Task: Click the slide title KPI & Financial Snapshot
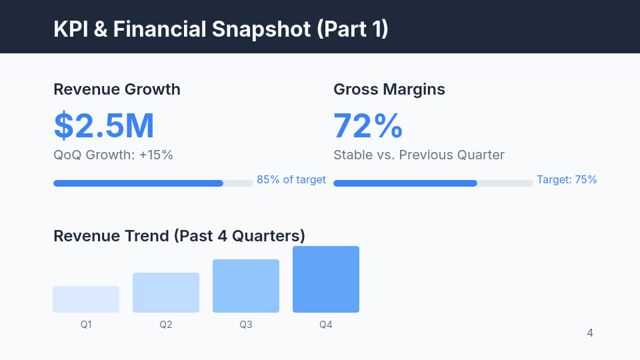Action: [x=221, y=29]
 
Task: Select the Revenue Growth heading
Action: [x=117, y=89]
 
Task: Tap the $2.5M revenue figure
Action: [x=104, y=125]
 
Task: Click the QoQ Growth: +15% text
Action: [x=113, y=155]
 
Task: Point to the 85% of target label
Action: [x=291, y=179]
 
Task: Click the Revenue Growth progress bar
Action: [x=153, y=183]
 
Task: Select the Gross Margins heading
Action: [x=389, y=89]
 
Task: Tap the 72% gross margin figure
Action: [x=368, y=125]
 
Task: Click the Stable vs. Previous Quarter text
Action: [x=419, y=155]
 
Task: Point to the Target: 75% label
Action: [x=567, y=179]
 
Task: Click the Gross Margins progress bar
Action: [x=433, y=183]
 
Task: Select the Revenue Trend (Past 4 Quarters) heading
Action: [x=179, y=236]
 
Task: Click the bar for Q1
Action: [x=86, y=299]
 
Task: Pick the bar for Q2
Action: [x=166, y=293]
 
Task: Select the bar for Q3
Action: [x=246, y=286]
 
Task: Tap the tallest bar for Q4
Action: [x=326, y=279]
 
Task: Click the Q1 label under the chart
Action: [x=86, y=325]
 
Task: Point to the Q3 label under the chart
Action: [x=246, y=325]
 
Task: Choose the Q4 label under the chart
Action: [x=326, y=325]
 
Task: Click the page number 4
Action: [x=590, y=333]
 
